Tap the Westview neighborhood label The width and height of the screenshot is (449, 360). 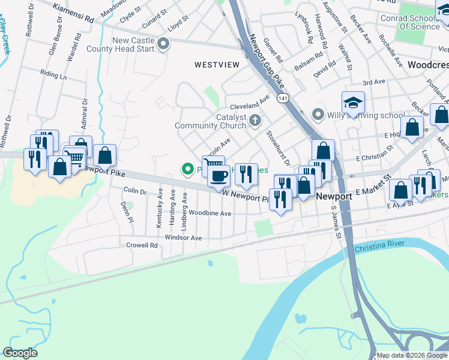(x=217, y=64)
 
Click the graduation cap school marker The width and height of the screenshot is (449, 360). (x=353, y=103)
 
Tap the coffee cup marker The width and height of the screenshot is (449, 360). (x=218, y=176)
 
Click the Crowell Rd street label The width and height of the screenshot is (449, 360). (x=142, y=245)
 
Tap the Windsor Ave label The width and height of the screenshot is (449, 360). (x=183, y=238)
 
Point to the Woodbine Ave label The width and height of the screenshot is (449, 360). (x=209, y=213)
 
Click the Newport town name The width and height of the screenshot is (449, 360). (x=333, y=196)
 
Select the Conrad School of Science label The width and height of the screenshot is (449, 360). (x=411, y=22)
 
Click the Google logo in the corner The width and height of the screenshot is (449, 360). (x=20, y=353)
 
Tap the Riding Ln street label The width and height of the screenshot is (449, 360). (x=53, y=76)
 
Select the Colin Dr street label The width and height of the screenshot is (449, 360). (x=134, y=191)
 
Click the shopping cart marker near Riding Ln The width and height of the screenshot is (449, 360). (x=74, y=158)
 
